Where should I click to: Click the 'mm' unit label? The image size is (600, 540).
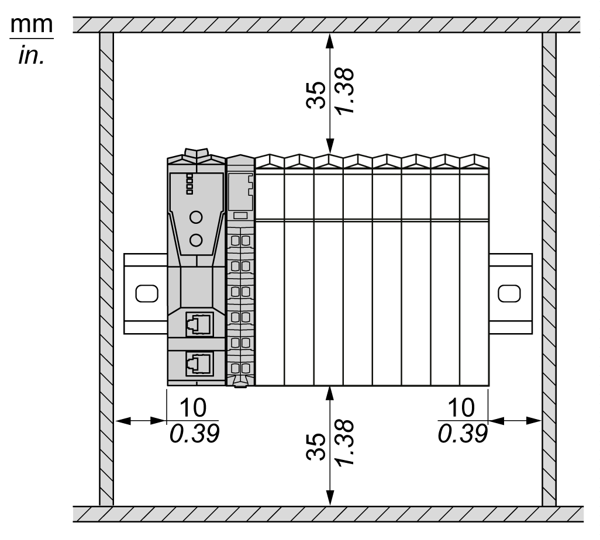coord(32,25)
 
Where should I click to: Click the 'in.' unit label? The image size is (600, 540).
coord(32,55)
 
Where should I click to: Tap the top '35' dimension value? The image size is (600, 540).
coord(316,95)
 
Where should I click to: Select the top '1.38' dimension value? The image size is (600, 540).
coord(345,91)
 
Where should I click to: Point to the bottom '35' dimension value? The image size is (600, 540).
coord(316,446)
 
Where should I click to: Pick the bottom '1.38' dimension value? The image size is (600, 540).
coord(345,442)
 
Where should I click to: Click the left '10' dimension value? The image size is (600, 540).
coord(193,407)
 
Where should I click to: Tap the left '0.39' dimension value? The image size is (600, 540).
coord(194,434)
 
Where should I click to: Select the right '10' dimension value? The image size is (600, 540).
coord(461,407)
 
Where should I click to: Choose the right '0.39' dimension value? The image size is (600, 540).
coord(463,434)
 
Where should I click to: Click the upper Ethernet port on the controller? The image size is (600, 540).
coord(199,324)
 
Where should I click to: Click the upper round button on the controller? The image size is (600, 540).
coord(196,217)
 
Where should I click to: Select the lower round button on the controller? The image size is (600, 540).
coord(196,240)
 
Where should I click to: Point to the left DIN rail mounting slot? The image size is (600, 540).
coord(147,293)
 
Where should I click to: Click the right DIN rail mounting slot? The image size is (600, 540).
coord(509,293)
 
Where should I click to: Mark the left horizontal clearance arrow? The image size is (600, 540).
coord(141,421)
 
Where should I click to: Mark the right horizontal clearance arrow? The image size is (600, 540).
coord(515,421)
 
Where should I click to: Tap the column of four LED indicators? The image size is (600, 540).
coord(189,184)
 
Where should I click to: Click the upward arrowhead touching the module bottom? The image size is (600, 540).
coord(330,394)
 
